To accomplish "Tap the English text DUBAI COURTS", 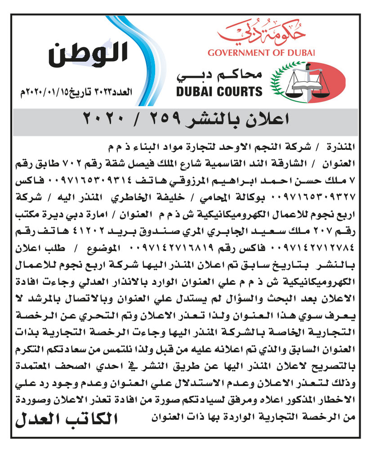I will click(x=219, y=92).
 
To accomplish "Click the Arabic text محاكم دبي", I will click(x=220, y=75).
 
